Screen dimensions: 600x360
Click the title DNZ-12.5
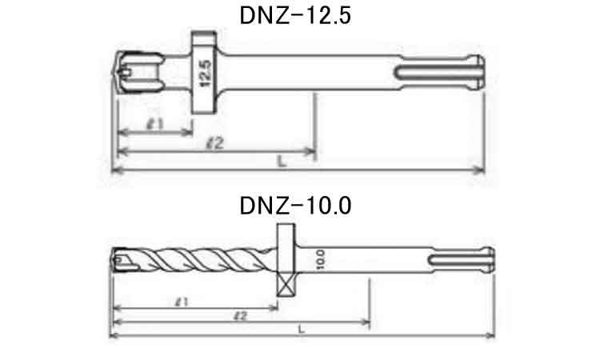[x=295, y=16]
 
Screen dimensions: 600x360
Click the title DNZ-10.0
[x=295, y=206]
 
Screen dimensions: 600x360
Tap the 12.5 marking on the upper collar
[x=205, y=73]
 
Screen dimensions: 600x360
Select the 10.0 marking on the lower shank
[x=321, y=260]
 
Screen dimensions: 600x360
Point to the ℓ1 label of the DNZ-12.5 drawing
[x=155, y=123]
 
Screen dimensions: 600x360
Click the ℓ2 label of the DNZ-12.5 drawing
[x=214, y=143]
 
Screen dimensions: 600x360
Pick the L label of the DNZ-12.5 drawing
[x=282, y=162]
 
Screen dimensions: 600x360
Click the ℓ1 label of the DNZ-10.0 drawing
[x=182, y=302]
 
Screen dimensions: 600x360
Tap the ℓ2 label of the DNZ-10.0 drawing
[x=241, y=316]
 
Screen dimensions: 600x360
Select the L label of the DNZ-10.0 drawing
[x=302, y=329]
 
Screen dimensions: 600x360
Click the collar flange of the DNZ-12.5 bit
[x=204, y=72]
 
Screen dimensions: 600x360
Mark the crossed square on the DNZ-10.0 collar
[x=286, y=286]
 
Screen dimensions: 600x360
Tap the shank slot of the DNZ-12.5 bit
[x=437, y=72]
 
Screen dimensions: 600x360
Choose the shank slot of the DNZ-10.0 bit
[x=459, y=260]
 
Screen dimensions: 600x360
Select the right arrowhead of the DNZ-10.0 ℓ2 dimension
[x=365, y=322]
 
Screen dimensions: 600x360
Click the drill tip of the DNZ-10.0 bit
[x=114, y=260]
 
